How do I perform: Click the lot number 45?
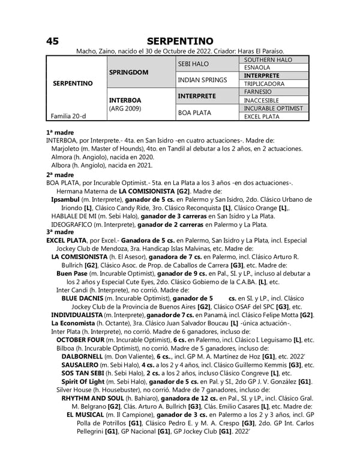(x=52, y=41)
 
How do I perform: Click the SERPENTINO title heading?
(x=179, y=41)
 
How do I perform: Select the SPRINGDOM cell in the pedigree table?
(x=129, y=71)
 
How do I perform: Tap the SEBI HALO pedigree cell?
(x=193, y=63)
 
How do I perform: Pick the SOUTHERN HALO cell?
(x=265, y=59)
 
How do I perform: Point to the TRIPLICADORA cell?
(x=264, y=84)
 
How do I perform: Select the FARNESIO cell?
(x=258, y=92)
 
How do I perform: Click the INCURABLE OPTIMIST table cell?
(x=273, y=108)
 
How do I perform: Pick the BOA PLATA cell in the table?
(x=194, y=112)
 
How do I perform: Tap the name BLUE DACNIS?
(x=82, y=298)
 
